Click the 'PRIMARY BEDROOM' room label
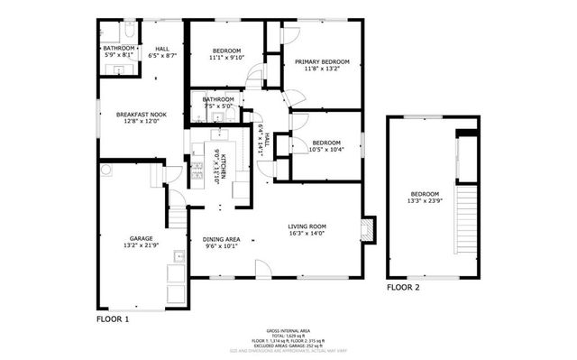pyautogui.click(x=322, y=61)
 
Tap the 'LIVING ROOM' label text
pyautogui.click(x=307, y=226)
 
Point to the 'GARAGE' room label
pyautogui.click(x=140, y=236)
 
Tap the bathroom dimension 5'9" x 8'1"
pyautogui.click(x=117, y=56)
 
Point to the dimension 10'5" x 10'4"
pyautogui.click(x=326, y=150)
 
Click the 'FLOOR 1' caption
pyautogui.click(x=113, y=318)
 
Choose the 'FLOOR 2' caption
pyautogui.click(x=403, y=288)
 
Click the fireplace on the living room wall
pyautogui.click(x=367, y=230)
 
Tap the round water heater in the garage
pyautogui.click(x=106, y=168)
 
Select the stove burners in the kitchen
pyautogui.click(x=198, y=169)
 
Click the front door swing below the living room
pyautogui.click(x=262, y=267)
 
